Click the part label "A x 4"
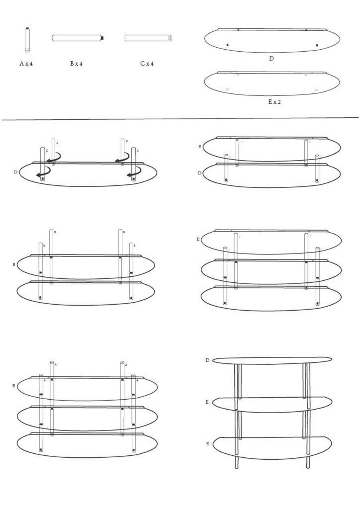tap(26, 64)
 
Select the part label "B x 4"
tap(76, 64)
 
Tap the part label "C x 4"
tap(147, 64)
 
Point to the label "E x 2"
tap(274, 102)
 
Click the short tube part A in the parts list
tap(27, 40)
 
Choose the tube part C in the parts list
tap(148, 38)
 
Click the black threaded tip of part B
tap(102, 38)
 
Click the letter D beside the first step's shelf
tap(16, 172)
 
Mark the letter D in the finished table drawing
tap(207, 360)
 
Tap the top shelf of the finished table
tap(272, 360)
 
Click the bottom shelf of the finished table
tap(272, 448)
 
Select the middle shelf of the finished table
tap(272, 404)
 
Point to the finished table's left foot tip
tap(237, 467)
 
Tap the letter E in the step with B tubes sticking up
tap(14, 264)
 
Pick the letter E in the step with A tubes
tap(14, 386)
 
